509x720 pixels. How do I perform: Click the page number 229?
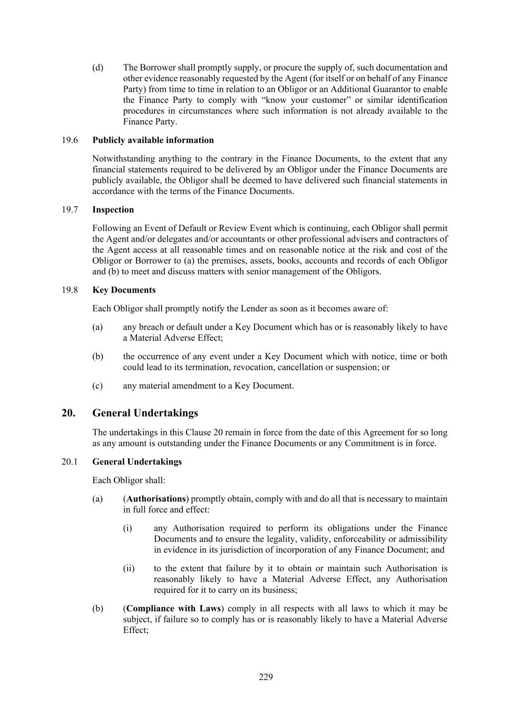[x=266, y=677]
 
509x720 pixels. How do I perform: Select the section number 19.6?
[x=70, y=140]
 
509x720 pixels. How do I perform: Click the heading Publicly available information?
[x=153, y=140]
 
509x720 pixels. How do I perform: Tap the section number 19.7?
[x=70, y=210]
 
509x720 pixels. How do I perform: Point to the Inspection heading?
[x=113, y=210]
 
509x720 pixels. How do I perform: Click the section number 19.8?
[x=70, y=290]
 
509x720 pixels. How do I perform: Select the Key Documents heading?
[x=124, y=290]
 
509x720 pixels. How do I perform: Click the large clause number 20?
[x=68, y=413]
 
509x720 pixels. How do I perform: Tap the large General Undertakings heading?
[x=145, y=413]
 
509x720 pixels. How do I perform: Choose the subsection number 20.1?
[x=70, y=462]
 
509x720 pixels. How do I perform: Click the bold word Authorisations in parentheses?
[x=156, y=499]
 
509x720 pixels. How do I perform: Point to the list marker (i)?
[x=128, y=529]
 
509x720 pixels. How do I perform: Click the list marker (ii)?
[x=129, y=569]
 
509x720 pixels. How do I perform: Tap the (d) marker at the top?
[x=97, y=68]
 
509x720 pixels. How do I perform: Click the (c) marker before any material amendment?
[x=97, y=386]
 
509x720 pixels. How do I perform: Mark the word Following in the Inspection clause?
[x=110, y=228]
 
